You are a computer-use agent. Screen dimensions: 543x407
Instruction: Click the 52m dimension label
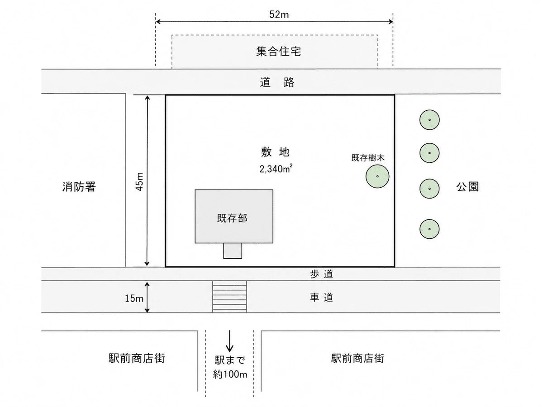coord(279,14)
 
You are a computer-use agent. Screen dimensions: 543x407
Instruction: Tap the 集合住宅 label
coord(278,52)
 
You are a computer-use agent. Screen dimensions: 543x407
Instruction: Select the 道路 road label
coord(277,82)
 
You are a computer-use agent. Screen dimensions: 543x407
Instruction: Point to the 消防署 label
coord(79,187)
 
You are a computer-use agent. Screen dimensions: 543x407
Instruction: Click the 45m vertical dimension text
coord(139,182)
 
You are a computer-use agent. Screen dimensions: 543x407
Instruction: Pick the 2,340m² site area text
coord(276,169)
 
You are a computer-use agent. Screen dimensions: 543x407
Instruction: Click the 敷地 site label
coord(275,152)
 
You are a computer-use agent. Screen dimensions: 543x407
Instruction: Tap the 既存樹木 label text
coord(368,158)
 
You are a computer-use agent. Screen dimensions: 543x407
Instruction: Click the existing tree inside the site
coord(377,176)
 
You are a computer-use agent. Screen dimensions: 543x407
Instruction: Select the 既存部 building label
coord(232,218)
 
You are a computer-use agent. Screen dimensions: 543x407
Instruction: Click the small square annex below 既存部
coord(233,251)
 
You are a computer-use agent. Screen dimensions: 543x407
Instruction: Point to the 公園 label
coord(467,187)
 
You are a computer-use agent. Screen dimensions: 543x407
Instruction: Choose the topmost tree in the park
coord(429,120)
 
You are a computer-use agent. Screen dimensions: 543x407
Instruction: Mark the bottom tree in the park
coord(429,229)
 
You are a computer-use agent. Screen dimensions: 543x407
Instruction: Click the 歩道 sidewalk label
coord(321,274)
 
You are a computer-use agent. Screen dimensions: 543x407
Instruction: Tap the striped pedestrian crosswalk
coord(229,297)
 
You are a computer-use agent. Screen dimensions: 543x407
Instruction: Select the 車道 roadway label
coord(321,297)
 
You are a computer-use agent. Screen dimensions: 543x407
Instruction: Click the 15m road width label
coord(134,298)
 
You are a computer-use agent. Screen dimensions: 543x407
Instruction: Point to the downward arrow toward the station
coord(229,341)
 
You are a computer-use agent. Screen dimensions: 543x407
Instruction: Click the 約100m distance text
coord(230,374)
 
